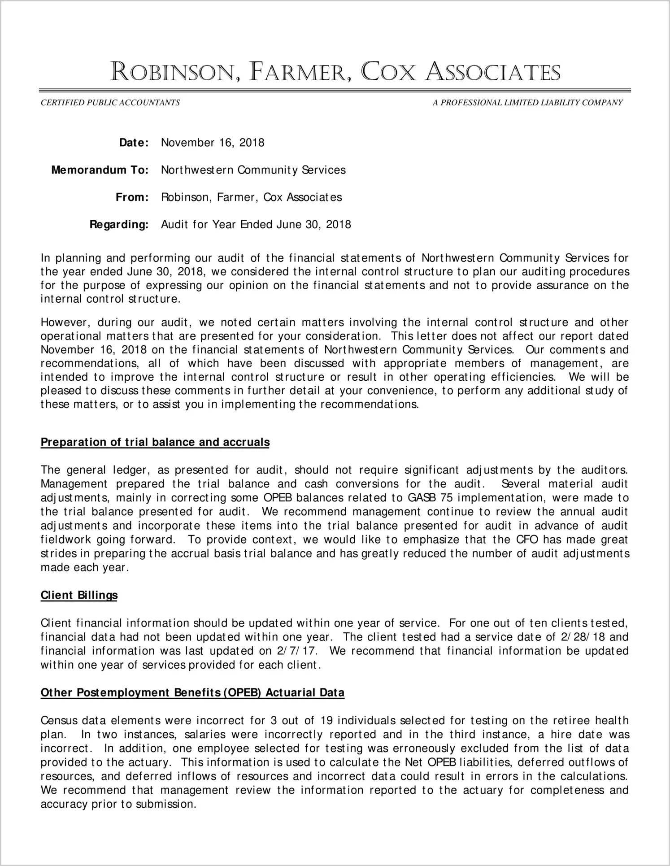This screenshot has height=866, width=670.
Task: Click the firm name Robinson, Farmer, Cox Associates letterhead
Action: [x=335, y=72]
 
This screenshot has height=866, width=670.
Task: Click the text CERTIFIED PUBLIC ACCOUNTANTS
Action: [x=110, y=103]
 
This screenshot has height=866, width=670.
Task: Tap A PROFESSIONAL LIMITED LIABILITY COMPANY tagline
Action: [x=527, y=103]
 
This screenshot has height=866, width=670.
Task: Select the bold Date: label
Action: [x=134, y=143]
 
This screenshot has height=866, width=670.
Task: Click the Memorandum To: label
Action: [x=100, y=170]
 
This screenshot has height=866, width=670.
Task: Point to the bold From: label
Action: [x=132, y=197]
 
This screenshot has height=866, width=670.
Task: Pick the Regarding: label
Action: [x=119, y=225]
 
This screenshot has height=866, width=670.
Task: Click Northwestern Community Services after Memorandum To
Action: [x=253, y=170]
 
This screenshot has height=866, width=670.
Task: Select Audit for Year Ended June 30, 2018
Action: [x=256, y=225]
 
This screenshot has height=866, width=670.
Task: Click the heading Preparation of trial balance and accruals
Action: [x=155, y=442]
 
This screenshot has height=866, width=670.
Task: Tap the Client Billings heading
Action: [x=79, y=595]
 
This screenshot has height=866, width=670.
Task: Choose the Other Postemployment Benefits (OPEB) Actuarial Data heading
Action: [x=192, y=692]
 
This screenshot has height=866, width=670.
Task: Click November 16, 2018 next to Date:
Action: [x=213, y=143]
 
